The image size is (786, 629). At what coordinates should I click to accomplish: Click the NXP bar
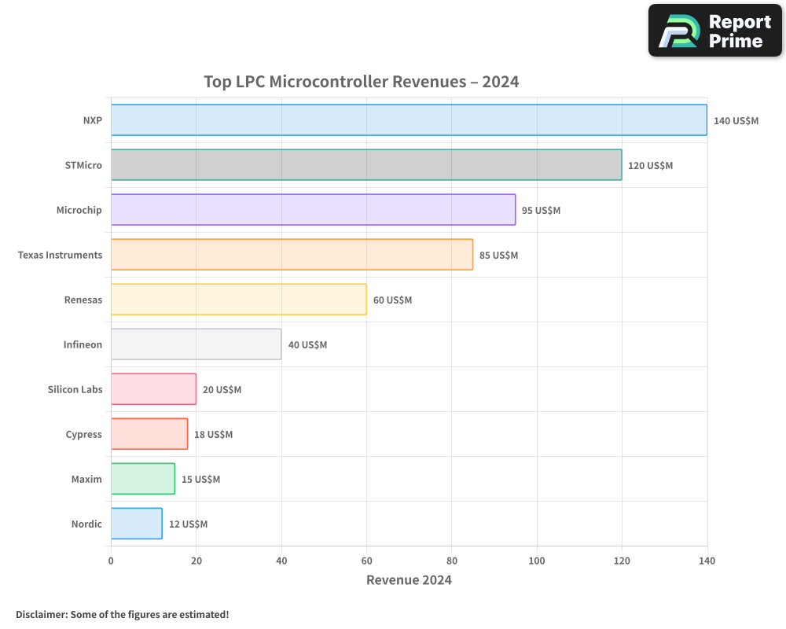(x=409, y=120)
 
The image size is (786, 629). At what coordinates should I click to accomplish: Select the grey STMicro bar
(x=366, y=165)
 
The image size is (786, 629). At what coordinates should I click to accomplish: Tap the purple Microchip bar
(x=313, y=210)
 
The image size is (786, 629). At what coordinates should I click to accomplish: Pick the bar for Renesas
(x=238, y=300)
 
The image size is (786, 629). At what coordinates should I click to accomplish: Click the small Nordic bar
(x=136, y=524)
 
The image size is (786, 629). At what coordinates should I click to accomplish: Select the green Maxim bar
(x=142, y=479)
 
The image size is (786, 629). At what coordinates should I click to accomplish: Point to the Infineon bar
(x=196, y=344)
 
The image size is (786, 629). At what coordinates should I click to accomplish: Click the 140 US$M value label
(x=736, y=121)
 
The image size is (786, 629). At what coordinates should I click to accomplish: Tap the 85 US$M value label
(x=498, y=256)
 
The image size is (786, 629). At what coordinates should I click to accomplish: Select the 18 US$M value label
(x=214, y=435)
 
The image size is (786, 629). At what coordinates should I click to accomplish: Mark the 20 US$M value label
(x=222, y=390)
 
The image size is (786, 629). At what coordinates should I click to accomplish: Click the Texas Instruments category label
(x=60, y=255)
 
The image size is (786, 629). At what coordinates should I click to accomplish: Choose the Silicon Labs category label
(x=75, y=389)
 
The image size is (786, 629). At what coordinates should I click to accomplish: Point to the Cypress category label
(x=83, y=434)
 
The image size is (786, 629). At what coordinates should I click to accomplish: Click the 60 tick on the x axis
(x=366, y=561)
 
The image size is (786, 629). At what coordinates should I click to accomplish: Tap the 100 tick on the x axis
(x=537, y=561)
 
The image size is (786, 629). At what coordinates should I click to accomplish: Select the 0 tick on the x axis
(x=111, y=561)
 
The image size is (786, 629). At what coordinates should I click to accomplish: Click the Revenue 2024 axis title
(x=409, y=580)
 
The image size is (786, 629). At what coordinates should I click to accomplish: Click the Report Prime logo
(x=714, y=31)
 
